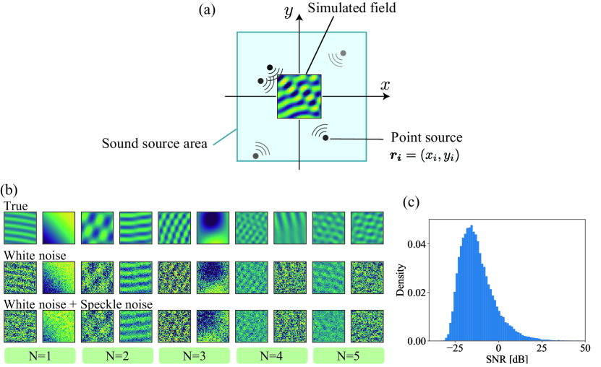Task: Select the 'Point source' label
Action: point(426,137)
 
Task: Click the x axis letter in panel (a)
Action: point(385,85)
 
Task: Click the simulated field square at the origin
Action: point(299,97)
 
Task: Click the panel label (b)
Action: point(10,192)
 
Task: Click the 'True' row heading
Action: point(16,206)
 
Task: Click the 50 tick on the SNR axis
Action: point(582,347)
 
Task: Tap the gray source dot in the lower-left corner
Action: point(255,155)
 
